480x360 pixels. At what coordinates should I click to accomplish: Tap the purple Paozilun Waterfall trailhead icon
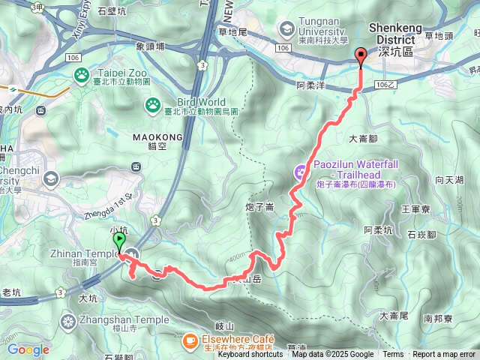pyautogui.click(x=300, y=172)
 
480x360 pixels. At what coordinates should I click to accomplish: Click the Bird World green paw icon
pyautogui.click(x=153, y=104)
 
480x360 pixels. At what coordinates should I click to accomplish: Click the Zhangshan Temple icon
pyautogui.click(x=68, y=321)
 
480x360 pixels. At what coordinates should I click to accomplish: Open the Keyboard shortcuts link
pyautogui.click(x=250, y=355)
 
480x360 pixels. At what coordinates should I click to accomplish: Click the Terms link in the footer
pyautogui.click(x=393, y=355)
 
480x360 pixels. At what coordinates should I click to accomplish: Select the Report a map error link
pyautogui.click(x=444, y=355)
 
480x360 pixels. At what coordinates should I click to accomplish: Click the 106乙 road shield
pyautogui.click(x=382, y=85)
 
